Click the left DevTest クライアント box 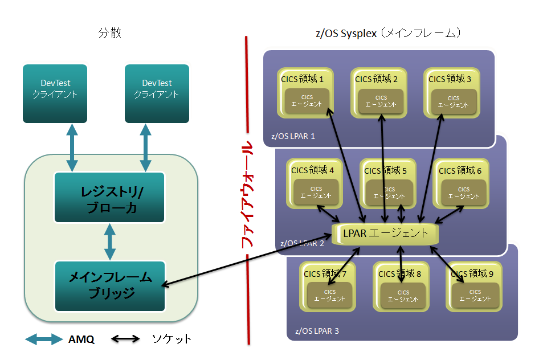click(55, 93)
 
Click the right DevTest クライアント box click(157, 93)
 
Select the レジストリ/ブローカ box click(109, 197)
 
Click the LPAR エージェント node click(385, 233)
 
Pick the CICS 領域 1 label click(303, 79)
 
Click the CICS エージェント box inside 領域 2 click(381, 102)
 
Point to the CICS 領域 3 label click(450, 79)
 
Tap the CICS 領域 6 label click(460, 170)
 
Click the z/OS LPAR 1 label click(293, 137)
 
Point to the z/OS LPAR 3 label click(317, 331)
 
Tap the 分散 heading click(109, 33)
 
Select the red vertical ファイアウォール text click(248, 194)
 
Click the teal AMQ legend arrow click(43, 339)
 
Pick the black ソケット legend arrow click(125, 339)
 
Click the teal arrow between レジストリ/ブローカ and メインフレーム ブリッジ click(109, 242)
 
